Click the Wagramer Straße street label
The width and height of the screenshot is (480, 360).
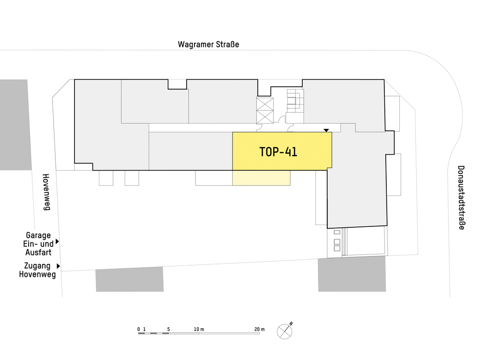tap(208, 45)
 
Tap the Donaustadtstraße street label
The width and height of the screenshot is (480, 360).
tap(461, 197)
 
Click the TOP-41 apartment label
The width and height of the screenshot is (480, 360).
tap(278, 152)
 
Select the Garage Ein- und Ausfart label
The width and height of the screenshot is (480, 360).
tap(38, 244)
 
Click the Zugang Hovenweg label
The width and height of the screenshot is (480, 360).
tap(37, 270)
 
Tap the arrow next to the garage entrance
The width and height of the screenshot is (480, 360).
tap(57, 241)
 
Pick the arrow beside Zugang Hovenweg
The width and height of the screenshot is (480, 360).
tap(59, 266)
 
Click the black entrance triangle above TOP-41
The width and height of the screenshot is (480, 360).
tap(326, 130)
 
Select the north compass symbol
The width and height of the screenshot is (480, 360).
tap(285, 331)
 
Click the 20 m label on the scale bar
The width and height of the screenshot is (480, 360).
tap(259, 330)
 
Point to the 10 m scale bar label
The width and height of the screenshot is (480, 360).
tap(199, 330)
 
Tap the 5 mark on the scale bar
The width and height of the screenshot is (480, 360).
tap(168, 330)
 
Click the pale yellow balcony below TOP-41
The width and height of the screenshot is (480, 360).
tap(262, 178)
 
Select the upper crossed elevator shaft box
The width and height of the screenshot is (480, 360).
tap(265, 104)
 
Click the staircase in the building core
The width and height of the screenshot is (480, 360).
tap(295, 101)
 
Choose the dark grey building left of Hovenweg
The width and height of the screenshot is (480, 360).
tap(15, 125)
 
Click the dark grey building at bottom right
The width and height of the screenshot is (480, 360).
tap(352, 274)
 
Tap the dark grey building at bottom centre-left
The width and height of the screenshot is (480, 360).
tap(129, 279)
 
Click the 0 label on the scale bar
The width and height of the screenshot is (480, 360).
tap(139, 330)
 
